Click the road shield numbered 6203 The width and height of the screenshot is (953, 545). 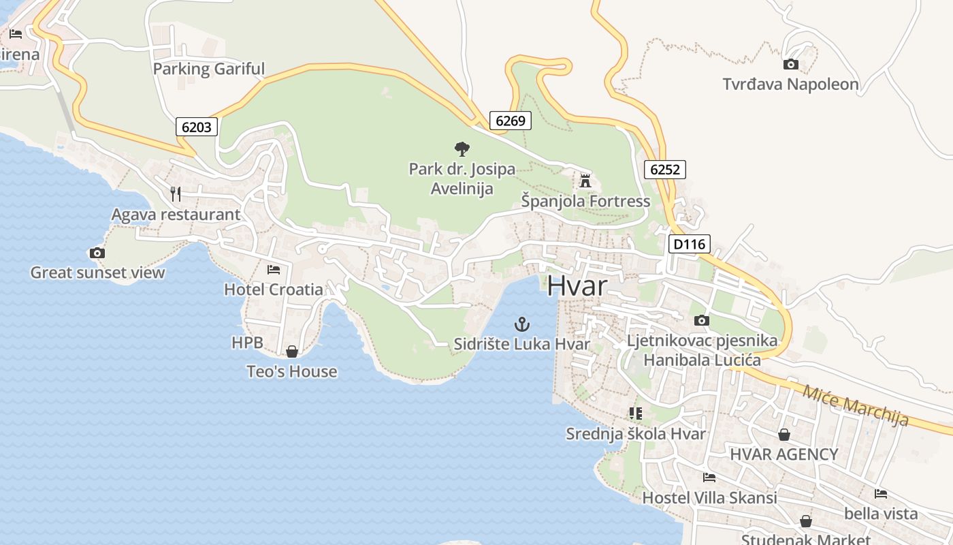point(197,126)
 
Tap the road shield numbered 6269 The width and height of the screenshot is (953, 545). point(511,121)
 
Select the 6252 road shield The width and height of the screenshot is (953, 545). point(665,169)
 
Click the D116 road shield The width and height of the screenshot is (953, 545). point(690,244)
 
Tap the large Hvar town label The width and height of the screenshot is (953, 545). point(577,286)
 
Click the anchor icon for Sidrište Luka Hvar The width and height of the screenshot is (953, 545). point(522,324)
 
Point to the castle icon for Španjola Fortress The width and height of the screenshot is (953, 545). point(585,181)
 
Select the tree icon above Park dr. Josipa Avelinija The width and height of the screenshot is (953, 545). point(462,149)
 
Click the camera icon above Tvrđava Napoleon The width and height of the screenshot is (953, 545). point(790,65)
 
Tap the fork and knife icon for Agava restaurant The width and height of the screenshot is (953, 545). point(176,194)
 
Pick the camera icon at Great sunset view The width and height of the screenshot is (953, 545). point(97,253)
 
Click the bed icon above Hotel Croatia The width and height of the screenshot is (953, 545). point(274,270)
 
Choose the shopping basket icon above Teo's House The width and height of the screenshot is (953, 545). point(292,352)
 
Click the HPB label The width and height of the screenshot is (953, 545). point(247,343)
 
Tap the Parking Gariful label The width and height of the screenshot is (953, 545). point(208,69)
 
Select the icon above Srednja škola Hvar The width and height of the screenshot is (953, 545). point(636,414)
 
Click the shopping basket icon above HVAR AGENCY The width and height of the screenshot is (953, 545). point(784,435)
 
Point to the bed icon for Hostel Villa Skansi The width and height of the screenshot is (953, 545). point(709,478)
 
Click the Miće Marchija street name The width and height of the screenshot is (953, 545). point(855,405)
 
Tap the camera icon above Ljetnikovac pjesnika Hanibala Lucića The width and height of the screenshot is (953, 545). point(702,320)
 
